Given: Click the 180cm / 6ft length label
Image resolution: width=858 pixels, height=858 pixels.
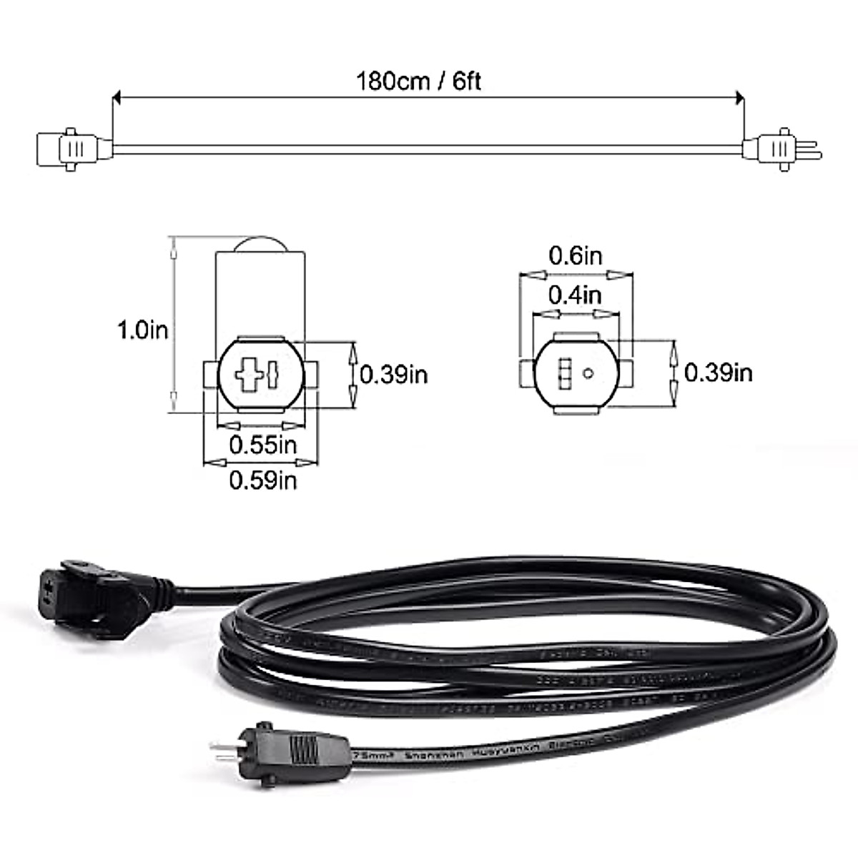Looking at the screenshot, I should pos(419,81).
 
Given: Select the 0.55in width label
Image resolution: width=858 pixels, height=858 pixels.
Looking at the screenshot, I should pos(262,445).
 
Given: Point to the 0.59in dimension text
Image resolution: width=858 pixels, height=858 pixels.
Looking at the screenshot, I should pos(262,480).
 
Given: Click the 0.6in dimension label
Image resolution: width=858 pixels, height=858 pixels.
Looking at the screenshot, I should pos(576,255).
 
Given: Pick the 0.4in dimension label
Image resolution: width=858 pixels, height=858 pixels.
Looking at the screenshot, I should pos(576,295).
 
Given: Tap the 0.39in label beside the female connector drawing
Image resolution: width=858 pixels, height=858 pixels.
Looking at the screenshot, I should pos(394,373).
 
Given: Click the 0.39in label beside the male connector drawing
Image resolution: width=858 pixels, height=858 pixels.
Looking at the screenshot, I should pos(719,372).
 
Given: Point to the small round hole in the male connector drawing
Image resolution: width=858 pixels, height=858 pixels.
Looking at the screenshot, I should pos(588,372).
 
